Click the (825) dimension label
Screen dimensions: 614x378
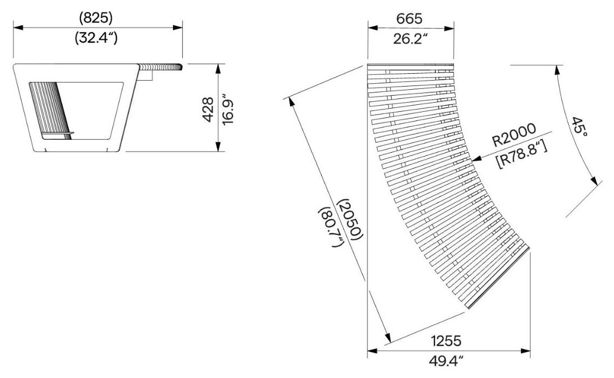96,18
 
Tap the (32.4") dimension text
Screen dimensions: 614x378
96,38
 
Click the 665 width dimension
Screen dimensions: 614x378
409,18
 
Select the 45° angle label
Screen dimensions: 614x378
579,127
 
